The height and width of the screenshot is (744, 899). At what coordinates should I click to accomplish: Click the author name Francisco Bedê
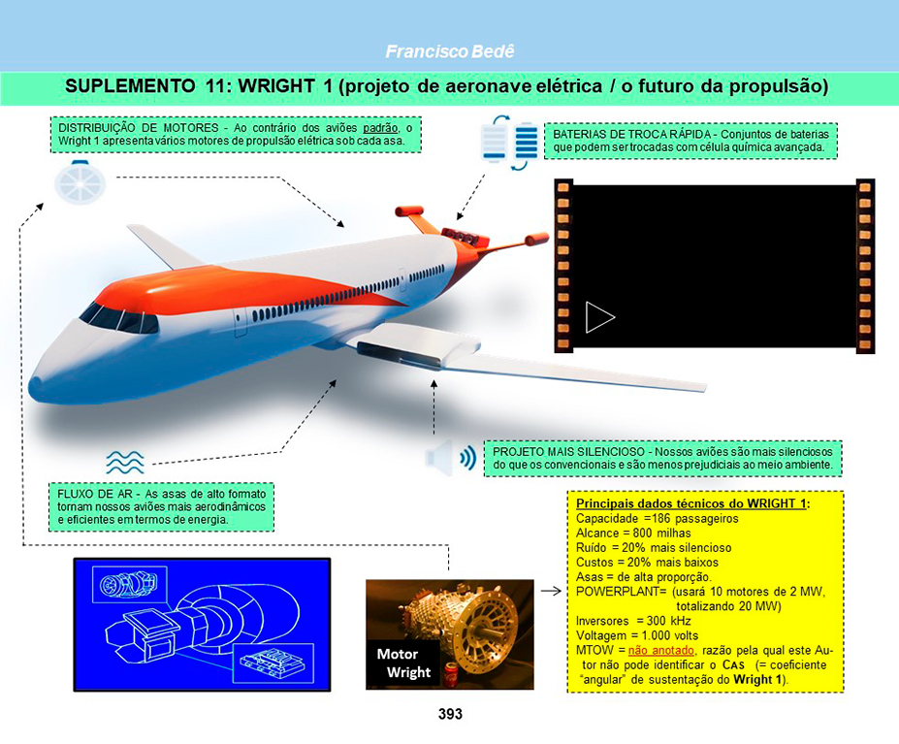pyautogui.click(x=450, y=51)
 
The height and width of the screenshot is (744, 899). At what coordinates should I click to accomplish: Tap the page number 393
pyautogui.click(x=450, y=714)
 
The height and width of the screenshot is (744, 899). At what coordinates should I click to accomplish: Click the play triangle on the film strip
pyautogui.click(x=599, y=317)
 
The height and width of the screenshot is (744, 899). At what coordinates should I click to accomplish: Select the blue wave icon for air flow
pyautogui.click(x=125, y=462)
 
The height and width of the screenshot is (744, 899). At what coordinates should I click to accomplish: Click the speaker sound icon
pyautogui.click(x=451, y=458)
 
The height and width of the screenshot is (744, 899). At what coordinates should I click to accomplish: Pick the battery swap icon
pyautogui.click(x=510, y=143)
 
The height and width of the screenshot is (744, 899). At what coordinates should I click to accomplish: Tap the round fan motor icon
pyautogui.click(x=80, y=183)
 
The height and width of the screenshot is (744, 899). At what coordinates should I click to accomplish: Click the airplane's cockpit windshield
pyautogui.click(x=119, y=319)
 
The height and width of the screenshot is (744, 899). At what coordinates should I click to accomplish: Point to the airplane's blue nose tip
pyautogui.click(x=36, y=382)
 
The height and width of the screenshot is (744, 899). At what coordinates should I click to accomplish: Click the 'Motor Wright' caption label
pyautogui.click(x=403, y=663)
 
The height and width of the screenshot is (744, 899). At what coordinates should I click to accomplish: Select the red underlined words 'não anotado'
pyautogui.click(x=661, y=651)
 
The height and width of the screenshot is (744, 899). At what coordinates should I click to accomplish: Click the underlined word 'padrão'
pyautogui.click(x=380, y=127)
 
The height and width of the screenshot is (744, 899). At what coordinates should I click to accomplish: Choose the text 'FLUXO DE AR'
pyautogui.click(x=95, y=494)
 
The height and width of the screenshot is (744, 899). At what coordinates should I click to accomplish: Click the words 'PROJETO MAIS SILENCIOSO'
pyautogui.click(x=568, y=451)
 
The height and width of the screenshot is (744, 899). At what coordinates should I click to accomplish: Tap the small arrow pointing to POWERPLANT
pyautogui.click(x=551, y=591)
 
